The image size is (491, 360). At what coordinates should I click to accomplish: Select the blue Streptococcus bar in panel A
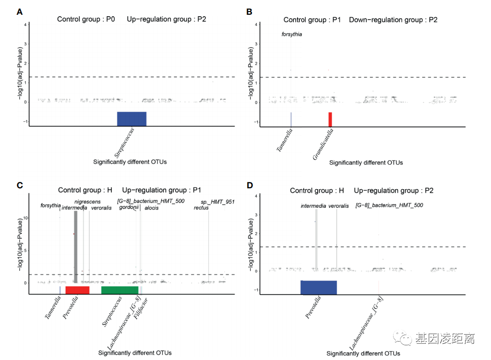132,119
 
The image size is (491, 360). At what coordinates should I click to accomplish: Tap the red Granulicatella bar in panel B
330,119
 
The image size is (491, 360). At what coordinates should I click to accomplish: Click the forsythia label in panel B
292,34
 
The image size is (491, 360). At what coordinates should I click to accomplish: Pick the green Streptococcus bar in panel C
120,289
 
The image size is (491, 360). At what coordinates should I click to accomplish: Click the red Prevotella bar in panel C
77,289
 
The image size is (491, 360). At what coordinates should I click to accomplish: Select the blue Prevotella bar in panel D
318,287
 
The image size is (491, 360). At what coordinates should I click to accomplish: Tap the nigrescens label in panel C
87,202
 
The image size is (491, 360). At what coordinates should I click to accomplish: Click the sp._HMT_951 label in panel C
217,202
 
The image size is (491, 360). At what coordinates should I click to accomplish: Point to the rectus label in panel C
201,208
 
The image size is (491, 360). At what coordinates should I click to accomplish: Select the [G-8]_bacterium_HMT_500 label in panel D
389,205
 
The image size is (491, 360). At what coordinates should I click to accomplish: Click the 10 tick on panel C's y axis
25,218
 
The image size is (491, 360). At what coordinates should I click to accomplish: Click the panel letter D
250,186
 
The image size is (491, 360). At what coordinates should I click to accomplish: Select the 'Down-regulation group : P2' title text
393,20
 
